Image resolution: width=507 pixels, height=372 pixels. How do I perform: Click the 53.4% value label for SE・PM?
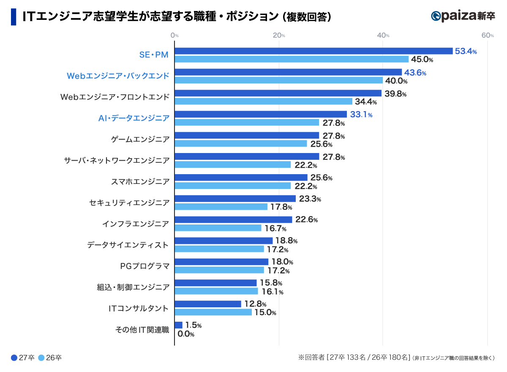click(466, 52)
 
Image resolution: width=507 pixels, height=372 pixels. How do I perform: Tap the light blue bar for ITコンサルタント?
click(213, 312)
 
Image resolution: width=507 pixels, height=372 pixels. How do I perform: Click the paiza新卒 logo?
click(463, 16)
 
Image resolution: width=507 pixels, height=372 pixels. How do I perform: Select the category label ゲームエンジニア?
click(140, 139)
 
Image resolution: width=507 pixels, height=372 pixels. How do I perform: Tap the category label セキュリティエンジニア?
click(129, 202)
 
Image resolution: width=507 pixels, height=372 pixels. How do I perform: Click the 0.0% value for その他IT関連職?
click(186, 334)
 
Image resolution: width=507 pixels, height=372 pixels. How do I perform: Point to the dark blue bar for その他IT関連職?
click(179, 325)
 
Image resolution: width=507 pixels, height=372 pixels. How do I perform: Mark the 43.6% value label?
click(415, 73)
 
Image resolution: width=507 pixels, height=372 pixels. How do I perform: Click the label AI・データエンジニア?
click(134, 118)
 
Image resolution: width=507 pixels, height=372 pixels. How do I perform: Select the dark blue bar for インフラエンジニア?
click(233, 220)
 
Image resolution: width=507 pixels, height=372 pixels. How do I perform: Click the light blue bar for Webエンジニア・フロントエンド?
click(264, 101)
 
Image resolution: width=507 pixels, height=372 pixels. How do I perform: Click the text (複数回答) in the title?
click(306, 16)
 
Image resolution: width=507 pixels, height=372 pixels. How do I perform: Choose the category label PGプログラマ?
click(145, 266)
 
